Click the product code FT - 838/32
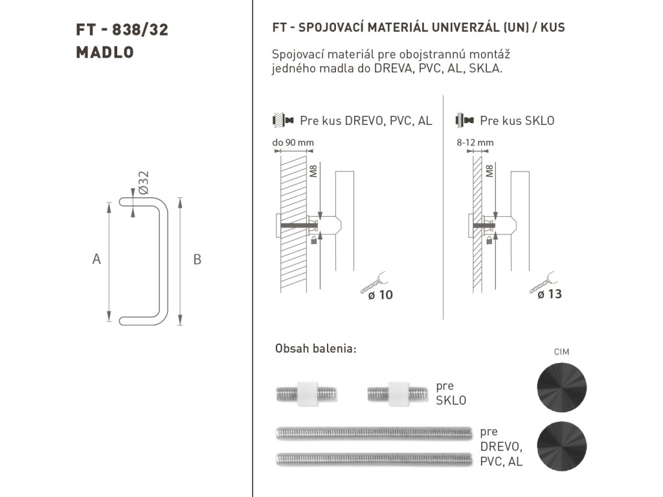[x=122, y=30]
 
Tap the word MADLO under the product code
[x=105, y=52]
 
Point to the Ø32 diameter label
[x=143, y=182]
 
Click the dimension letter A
[x=96, y=259]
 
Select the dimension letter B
[x=197, y=259]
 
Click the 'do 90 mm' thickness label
[x=293, y=142]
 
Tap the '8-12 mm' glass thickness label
[x=475, y=142]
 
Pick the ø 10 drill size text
[x=381, y=294]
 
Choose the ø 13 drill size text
[x=550, y=294]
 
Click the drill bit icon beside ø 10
[x=372, y=282]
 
